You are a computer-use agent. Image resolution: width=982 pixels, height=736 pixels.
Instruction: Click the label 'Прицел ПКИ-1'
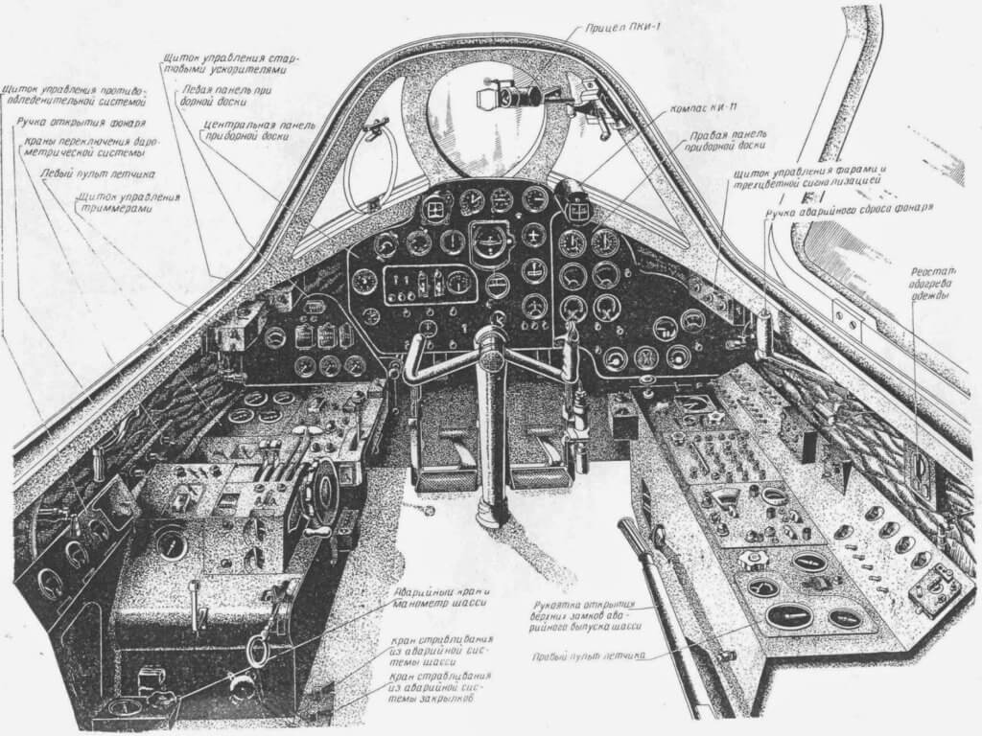pos(622,33)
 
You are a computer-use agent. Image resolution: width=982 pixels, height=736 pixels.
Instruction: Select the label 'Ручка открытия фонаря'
pos(82,123)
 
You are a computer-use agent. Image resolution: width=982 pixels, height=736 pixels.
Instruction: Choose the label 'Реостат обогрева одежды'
pos(927,284)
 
